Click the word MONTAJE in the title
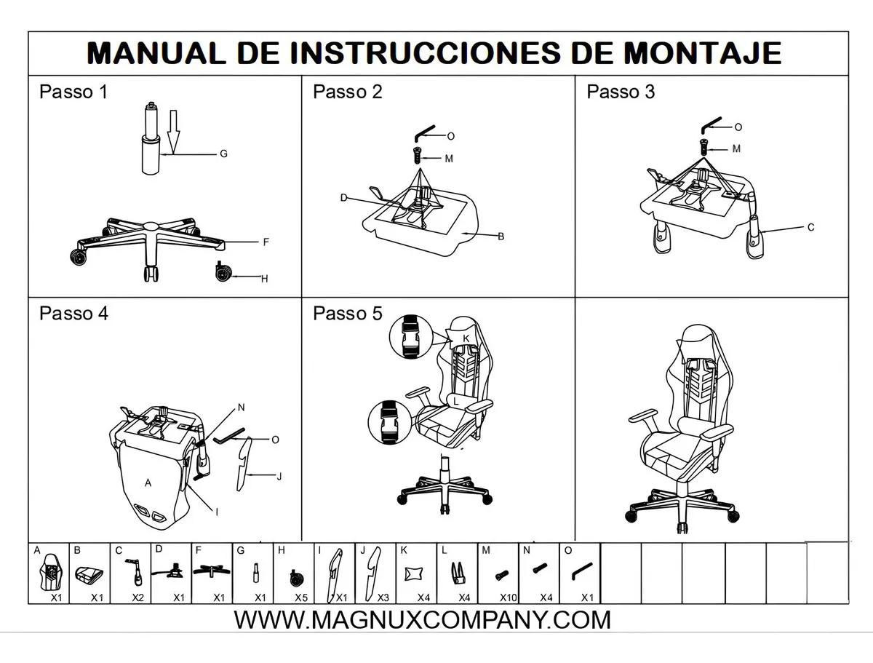tap(702, 53)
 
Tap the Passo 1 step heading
tap(73, 92)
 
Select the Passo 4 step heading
tap(73, 314)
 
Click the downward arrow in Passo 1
tap(173, 132)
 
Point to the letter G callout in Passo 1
tap(223, 154)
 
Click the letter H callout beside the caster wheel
tap(265, 279)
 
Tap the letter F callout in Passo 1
tap(266, 242)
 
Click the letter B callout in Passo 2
tap(501, 237)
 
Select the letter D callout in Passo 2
tap(344, 198)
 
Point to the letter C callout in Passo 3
tap(811, 228)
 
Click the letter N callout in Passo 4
tap(241, 408)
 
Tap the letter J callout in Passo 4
tap(279, 476)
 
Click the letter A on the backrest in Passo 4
tap(148, 483)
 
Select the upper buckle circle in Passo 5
tap(411, 336)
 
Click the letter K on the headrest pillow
tap(466, 338)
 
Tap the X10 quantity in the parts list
tap(509, 598)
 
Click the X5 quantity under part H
tap(301, 598)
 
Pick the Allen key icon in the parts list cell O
tap(582, 571)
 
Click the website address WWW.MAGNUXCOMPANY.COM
tap(422, 620)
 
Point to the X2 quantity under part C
tap(137, 598)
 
